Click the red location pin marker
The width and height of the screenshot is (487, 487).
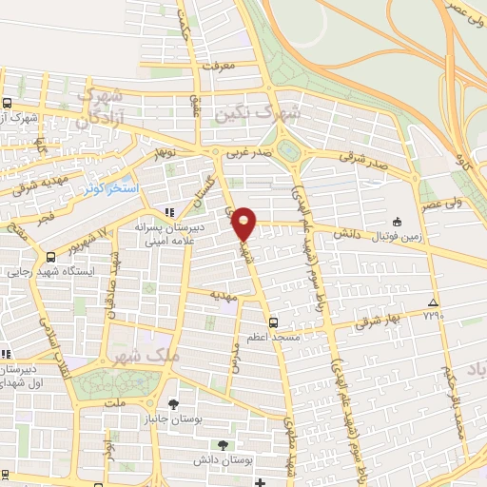pyautogui.click(x=244, y=223)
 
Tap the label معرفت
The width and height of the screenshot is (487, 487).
pyautogui.click(x=213, y=66)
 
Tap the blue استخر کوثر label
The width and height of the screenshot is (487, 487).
pyautogui.click(x=113, y=189)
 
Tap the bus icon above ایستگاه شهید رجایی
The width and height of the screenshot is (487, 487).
pyautogui.click(x=50, y=258)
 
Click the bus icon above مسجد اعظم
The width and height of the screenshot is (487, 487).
pyautogui.click(x=274, y=321)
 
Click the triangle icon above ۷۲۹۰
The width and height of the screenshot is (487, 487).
pyautogui.click(x=434, y=300)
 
